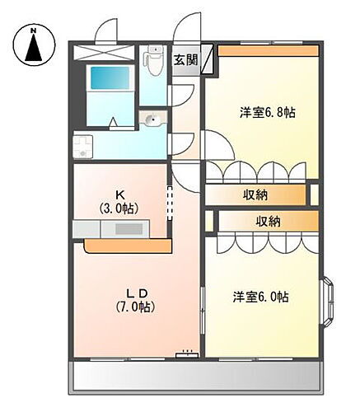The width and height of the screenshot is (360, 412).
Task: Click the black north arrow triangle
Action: (34, 49)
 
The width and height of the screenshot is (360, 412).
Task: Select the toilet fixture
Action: (153, 61)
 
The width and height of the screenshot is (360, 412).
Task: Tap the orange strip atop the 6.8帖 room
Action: (268, 52)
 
